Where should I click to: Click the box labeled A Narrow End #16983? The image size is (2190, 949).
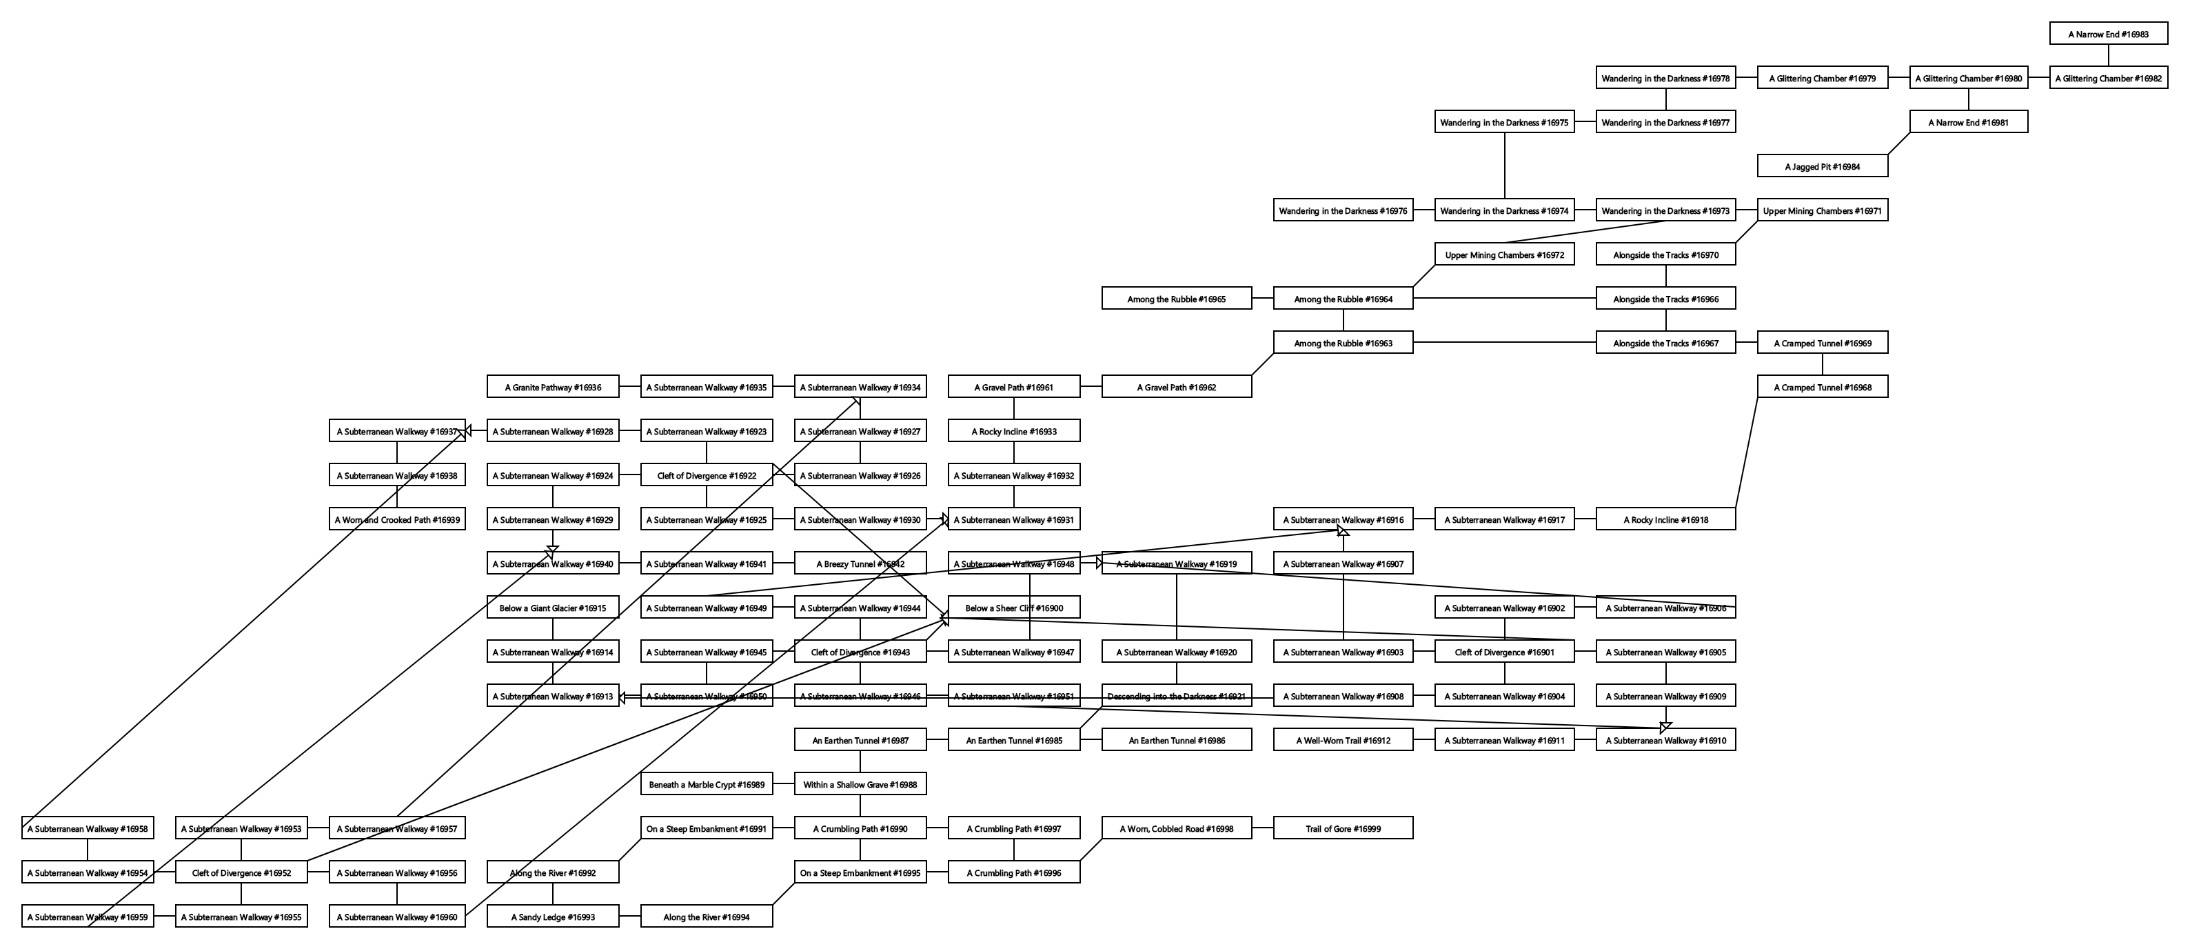2109,34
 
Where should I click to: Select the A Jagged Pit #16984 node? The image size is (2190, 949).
1822,167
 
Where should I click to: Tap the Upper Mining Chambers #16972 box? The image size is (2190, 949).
1504,255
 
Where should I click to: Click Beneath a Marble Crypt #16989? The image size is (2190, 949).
707,784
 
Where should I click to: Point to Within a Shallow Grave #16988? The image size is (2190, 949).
860,784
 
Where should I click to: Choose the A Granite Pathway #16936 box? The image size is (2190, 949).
553,388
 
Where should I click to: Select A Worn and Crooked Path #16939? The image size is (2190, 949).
397,519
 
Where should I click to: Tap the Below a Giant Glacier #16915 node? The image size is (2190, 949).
553,608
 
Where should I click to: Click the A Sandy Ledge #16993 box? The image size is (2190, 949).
553,917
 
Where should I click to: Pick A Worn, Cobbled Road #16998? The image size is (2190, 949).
1176,828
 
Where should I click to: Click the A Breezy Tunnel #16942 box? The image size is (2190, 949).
860,563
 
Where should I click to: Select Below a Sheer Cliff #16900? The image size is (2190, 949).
1013,608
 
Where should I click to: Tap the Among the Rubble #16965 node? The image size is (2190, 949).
1176,299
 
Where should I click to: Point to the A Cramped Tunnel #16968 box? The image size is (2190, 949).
1822,388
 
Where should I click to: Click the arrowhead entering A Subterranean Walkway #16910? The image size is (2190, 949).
1665,727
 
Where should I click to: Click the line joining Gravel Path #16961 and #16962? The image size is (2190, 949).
1091,388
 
